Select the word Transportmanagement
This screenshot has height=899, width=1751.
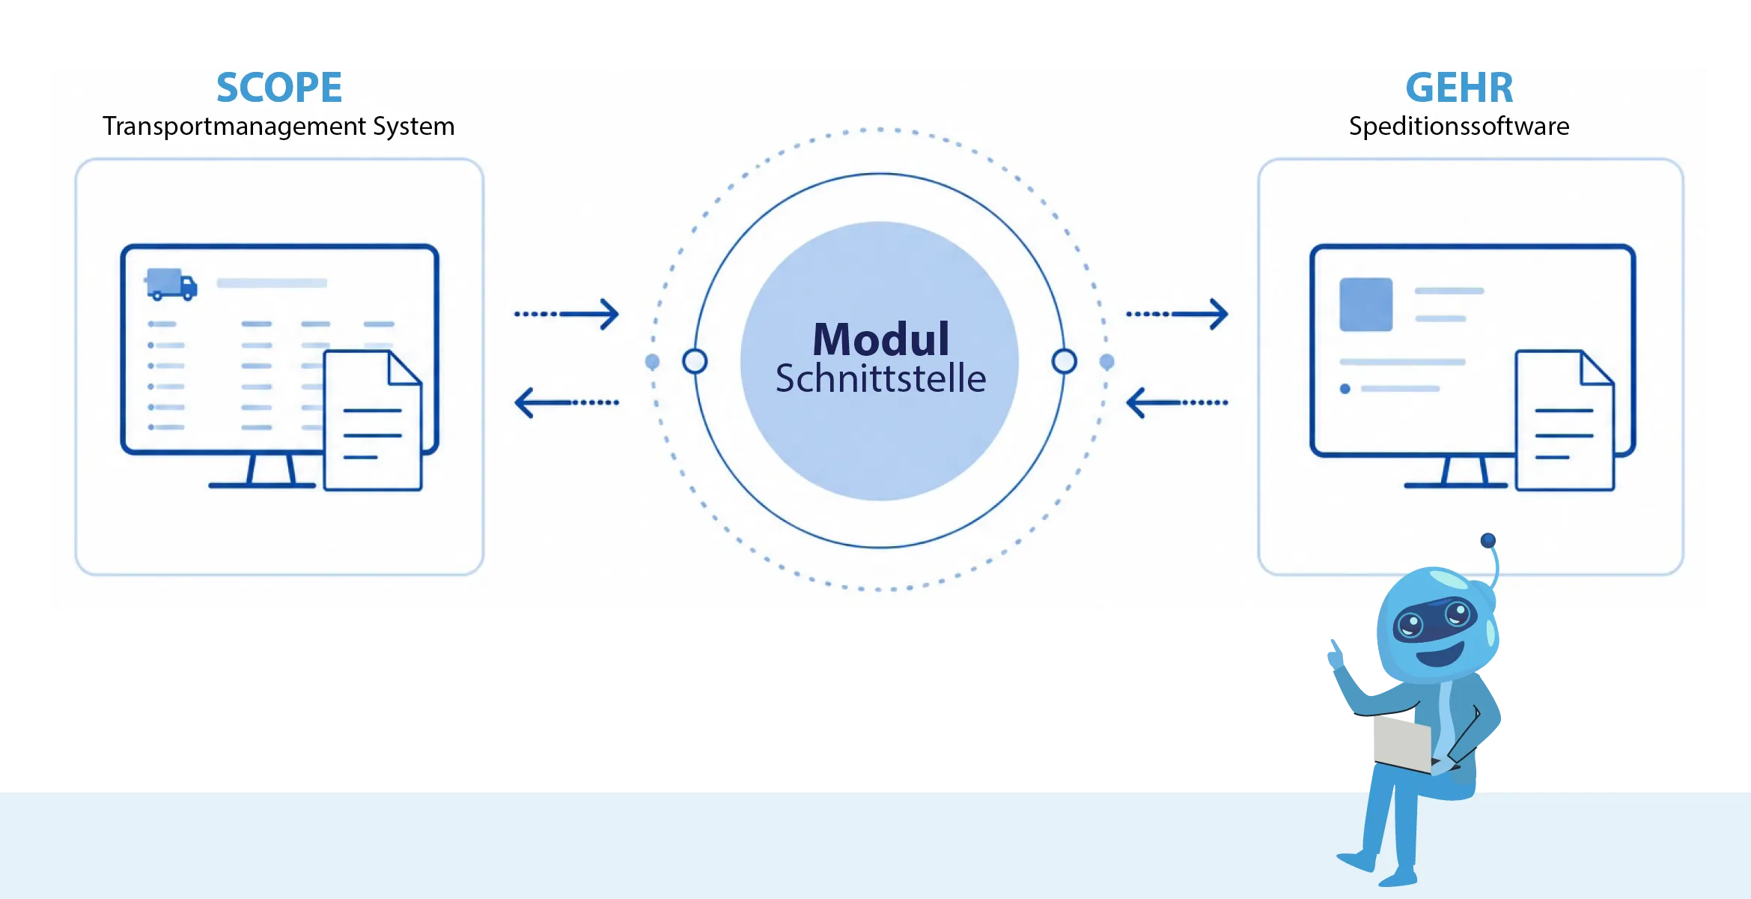[234, 127]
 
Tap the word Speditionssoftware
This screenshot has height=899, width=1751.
[1459, 126]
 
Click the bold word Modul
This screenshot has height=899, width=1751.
[881, 339]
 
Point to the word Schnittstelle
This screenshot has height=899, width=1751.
[880, 378]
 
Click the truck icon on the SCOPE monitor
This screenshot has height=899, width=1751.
[171, 285]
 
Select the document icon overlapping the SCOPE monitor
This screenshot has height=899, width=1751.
[373, 420]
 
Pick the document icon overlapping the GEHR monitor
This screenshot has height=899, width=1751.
[1565, 420]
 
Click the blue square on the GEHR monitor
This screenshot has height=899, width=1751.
[1366, 305]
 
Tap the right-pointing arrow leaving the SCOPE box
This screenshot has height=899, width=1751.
[567, 314]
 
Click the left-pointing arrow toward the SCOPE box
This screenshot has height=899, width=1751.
[567, 402]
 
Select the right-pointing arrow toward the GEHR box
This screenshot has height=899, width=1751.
[1178, 314]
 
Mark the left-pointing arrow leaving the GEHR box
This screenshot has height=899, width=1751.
[1178, 402]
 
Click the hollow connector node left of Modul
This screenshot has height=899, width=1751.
[695, 361]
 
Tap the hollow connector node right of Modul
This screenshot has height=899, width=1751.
[1064, 361]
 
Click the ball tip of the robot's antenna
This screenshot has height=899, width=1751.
[1488, 540]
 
